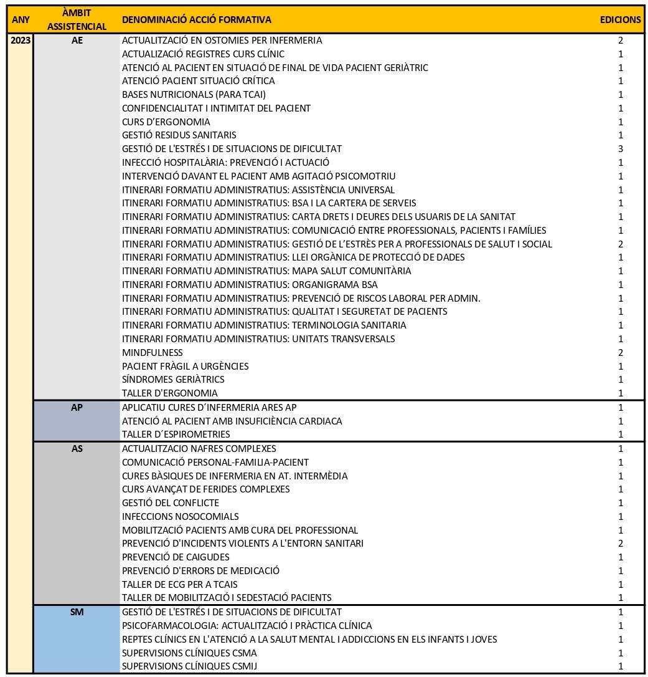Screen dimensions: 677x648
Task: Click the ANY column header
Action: tap(20, 19)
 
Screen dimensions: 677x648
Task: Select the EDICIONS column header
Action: tap(620, 19)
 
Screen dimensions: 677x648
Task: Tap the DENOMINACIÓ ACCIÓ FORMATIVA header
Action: tap(196, 20)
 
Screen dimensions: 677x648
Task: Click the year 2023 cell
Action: tap(20, 41)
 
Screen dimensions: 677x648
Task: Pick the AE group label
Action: tap(77, 41)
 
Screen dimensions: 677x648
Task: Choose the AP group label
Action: tap(77, 408)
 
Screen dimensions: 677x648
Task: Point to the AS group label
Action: tap(77, 448)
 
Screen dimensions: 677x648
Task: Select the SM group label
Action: tap(77, 612)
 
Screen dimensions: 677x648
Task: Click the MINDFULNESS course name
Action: tap(153, 353)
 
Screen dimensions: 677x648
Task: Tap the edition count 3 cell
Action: tap(621, 149)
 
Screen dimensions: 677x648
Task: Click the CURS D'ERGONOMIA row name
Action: tap(166, 122)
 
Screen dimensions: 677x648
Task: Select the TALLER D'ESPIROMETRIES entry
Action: tap(176, 435)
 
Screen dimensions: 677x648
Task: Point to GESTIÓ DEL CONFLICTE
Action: tap(171, 503)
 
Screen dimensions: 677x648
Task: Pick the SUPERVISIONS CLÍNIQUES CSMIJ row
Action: tap(190, 666)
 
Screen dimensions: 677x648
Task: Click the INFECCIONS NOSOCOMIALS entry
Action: tap(181, 517)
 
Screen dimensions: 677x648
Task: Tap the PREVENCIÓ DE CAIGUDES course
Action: tap(176, 557)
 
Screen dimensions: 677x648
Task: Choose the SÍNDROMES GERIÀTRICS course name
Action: tap(173, 380)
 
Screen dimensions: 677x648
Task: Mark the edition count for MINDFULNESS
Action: tap(621, 353)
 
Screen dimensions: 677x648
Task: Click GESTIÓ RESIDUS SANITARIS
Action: tap(179, 135)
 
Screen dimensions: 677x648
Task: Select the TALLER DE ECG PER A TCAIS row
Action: tap(180, 585)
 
